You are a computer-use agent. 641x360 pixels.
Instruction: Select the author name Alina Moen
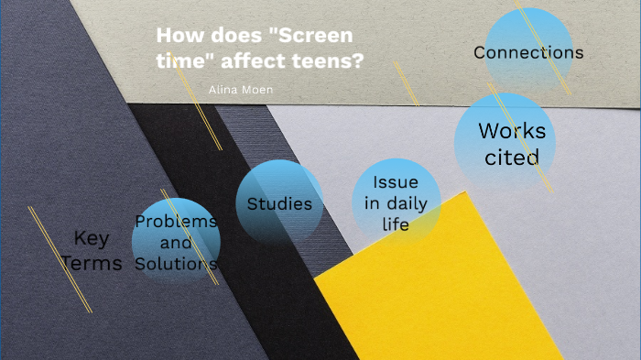[x=241, y=89]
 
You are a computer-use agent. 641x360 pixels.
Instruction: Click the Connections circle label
[x=528, y=52]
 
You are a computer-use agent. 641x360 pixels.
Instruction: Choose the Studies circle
[x=279, y=203]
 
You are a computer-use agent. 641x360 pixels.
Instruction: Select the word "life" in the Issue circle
[x=396, y=224]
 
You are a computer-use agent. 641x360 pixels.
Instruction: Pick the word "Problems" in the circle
[x=176, y=221]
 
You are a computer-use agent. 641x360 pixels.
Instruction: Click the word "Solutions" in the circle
[x=176, y=264]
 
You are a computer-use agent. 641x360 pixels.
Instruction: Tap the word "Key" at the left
[x=92, y=238]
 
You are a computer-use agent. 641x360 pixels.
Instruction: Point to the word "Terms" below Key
[x=92, y=264]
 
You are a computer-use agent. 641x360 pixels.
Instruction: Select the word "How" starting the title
[x=176, y=37]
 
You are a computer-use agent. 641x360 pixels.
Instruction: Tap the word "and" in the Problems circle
[x=176, y=243]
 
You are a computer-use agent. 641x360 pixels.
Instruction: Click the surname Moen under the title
[x=257, y=89]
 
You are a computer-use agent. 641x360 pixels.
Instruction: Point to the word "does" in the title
[x=228, y=37]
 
